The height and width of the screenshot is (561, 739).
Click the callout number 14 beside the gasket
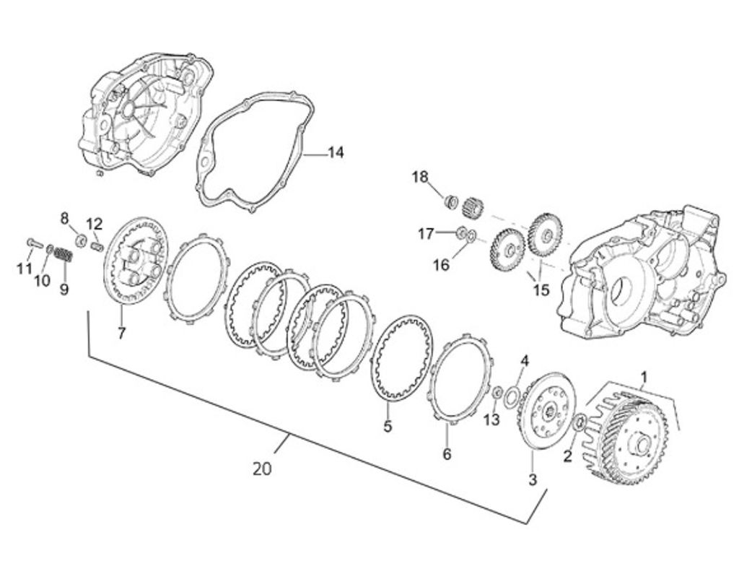(x=335, y=152)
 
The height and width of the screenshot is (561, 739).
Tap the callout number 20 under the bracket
(x=262, y=469)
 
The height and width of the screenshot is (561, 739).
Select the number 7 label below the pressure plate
(x=121, y=334)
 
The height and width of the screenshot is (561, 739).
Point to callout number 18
(x=420, y=177)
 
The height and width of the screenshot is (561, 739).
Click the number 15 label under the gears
(x=541, y=290)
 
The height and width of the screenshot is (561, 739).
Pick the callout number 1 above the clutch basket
(x=644, y=376)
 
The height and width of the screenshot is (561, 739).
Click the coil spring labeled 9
(x=64, y=255)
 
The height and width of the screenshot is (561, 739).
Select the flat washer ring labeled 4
(x=512, y=394)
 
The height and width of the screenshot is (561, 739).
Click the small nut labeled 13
(x=497, y=393)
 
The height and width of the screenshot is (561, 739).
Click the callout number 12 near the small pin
(x=95, y=223)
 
